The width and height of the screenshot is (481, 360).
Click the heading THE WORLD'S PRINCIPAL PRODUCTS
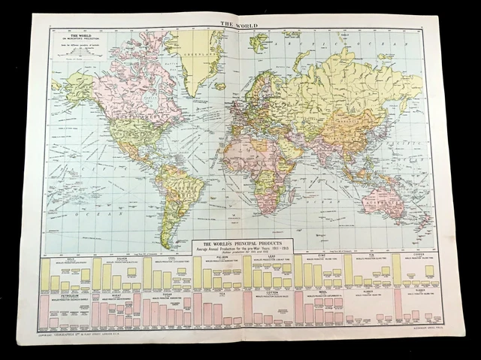[x=241, y=244]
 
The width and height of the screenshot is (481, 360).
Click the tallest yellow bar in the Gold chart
[x=46, y=274]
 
